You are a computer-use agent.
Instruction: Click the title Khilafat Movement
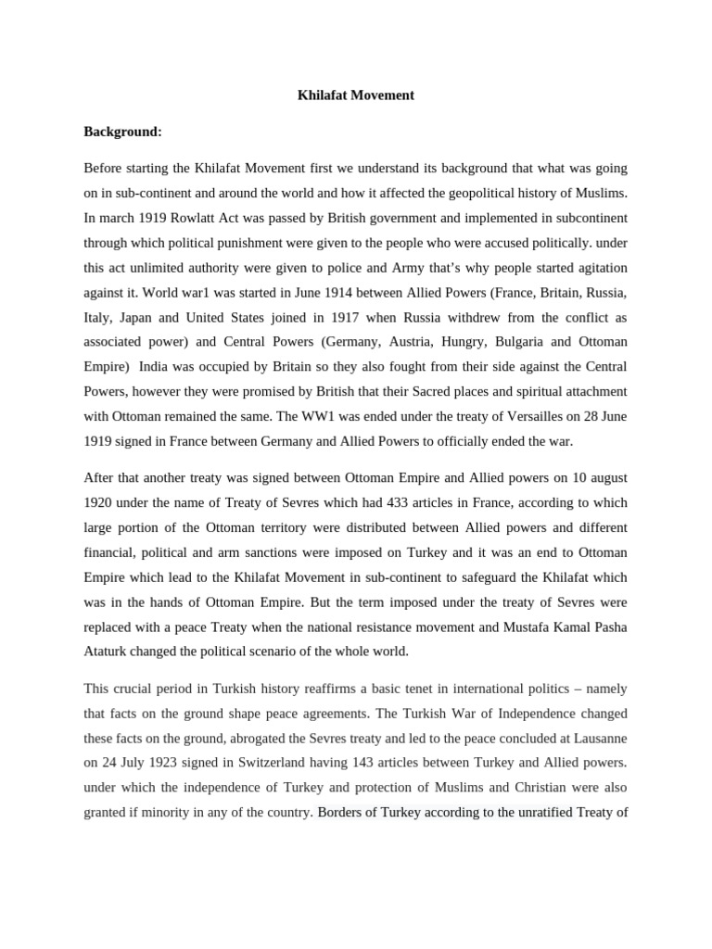(x=355, y=95)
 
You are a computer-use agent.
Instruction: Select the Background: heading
(x=122, y=132)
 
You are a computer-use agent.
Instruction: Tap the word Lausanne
(x=597, y=739)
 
